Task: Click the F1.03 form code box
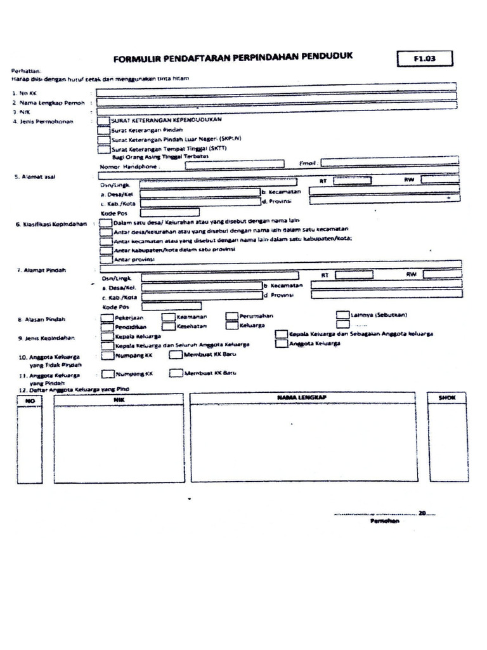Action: point(425,59)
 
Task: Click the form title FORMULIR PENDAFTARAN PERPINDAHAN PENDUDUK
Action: point(232,58)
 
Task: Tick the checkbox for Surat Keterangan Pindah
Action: point(103,129)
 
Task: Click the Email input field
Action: point(389,163)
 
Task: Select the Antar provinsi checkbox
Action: point(107,259)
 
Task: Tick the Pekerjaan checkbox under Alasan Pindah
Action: point(107,316)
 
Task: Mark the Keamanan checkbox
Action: point(169,316)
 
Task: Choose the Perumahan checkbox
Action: point(232,316)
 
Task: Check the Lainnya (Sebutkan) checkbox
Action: point(342,315)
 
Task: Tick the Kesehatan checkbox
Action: point(169,326)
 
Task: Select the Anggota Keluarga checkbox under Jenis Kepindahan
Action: point(282,344)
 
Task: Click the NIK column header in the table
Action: point(119,399)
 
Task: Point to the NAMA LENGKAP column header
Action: point(304,397)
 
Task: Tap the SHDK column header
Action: point(447,397)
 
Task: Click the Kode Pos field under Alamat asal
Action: point(169,213)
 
